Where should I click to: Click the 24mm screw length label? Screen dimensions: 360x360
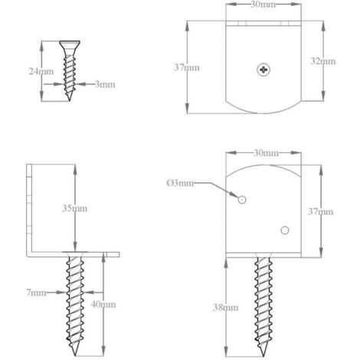[41, 71]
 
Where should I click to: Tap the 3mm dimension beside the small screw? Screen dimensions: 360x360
[105, 84]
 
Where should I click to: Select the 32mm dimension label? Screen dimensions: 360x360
[323, 61]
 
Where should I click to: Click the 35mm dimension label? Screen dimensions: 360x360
[74, 208]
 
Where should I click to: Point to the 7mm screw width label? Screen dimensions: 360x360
[36, 293]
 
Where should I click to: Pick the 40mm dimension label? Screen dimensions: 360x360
[103, 304]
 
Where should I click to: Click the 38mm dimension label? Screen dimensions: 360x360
[225, 307]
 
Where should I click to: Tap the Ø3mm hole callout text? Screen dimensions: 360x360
[180, 183]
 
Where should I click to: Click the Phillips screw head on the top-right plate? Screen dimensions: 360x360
[263, 70]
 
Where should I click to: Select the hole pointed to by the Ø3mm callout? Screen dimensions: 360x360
[242, 199]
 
